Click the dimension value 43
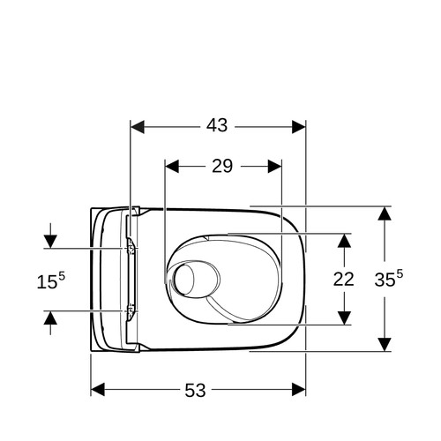[x=217, y=125]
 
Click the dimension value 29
[x=222, y=166]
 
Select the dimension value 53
[x=195, y=391]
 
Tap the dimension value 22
[x=343, y=280]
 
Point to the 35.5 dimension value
[x=389, y=278]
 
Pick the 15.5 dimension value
[x=51, y=280]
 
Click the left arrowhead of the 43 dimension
[x=138, y=127]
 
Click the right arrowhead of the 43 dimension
[x=299, y=127]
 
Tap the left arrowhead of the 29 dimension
[x=172, y=167]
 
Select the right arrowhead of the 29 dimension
[x=275, y=167]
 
